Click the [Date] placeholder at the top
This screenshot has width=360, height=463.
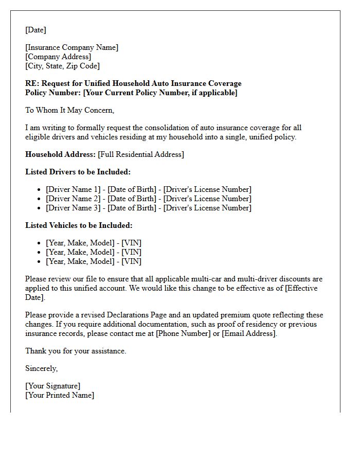[35, 30]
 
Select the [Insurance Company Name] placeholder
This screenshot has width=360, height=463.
[71, 47]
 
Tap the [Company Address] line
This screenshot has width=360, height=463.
[58, 57]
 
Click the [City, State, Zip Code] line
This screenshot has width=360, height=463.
[62, 66]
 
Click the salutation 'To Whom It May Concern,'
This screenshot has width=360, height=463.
[69, 110]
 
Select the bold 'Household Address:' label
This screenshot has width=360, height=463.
[60, 154]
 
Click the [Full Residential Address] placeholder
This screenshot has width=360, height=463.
[141, 154]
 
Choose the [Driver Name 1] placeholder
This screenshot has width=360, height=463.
[74, 189]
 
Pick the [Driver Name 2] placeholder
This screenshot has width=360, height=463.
[74, 199]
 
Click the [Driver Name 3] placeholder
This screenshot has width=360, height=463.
[74, 208]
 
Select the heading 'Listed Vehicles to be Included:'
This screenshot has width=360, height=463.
[79, 225]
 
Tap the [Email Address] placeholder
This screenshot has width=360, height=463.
[249, 333]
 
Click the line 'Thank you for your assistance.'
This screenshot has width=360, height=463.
[76, 351]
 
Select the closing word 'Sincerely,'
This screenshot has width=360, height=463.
[42, 368]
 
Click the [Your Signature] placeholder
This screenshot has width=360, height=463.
[52, 386]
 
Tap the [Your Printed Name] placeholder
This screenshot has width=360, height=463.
[60, 395]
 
